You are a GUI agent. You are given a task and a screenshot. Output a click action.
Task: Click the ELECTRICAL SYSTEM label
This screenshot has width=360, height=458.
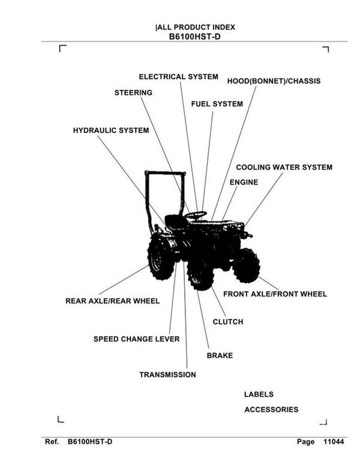point(178,77)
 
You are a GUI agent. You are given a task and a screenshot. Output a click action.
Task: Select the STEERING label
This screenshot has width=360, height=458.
point(133,93)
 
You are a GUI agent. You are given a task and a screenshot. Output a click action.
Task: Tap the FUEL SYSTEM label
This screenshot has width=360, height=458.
point(217,104)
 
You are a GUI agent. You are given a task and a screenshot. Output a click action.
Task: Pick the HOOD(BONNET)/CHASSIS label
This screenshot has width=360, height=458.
point(274,81)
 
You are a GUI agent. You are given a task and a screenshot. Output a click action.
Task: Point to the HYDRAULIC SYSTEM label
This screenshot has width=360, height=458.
point(111,130)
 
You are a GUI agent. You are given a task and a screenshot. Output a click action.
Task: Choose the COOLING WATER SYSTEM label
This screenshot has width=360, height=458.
point(284,168)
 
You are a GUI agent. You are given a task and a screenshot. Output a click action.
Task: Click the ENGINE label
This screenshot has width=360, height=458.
point(244,182)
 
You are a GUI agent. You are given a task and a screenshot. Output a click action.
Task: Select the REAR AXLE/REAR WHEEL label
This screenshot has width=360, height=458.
point(112,301)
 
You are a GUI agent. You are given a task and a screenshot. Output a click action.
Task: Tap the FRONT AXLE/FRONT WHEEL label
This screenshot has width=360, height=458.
point(275,294)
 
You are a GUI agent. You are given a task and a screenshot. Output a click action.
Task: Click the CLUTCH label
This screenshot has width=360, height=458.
point(228,322)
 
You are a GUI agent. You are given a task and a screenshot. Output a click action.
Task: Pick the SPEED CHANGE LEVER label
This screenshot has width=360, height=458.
point(136,339)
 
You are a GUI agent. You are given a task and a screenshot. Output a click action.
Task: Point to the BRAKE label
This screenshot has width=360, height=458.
point(220,356)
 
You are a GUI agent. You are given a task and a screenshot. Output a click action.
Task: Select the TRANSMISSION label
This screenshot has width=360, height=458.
point(167,375)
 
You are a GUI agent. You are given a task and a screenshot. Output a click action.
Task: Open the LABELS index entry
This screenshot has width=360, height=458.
point(259,394)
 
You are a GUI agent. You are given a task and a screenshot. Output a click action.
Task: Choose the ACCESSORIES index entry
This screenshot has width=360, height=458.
point(271,410)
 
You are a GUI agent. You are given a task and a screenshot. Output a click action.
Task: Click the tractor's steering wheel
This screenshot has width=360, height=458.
point(196,214)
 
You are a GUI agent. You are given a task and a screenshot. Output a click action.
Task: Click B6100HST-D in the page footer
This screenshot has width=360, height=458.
point(89,442)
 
